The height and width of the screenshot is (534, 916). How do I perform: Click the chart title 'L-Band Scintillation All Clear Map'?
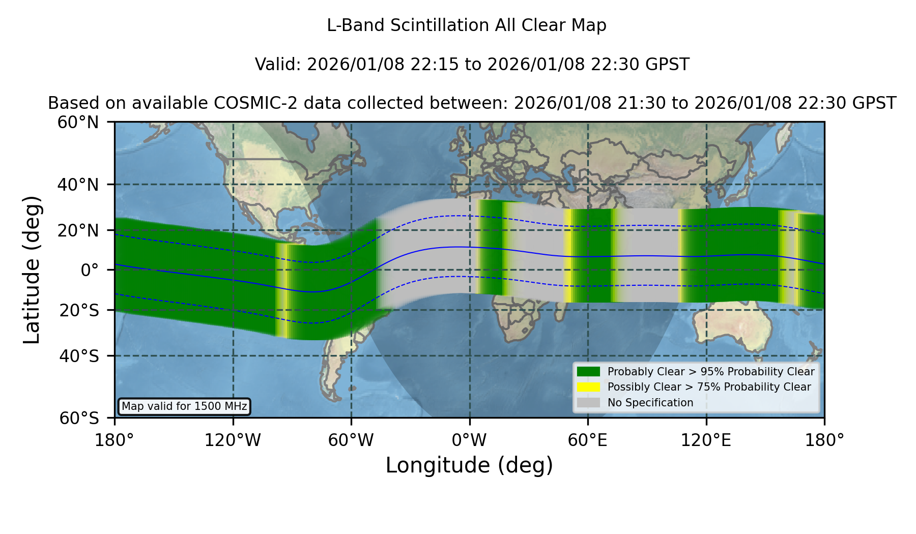click(467, 25)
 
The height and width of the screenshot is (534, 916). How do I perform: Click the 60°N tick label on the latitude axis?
click(78, 123)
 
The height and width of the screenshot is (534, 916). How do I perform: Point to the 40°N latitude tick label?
click(78, 185)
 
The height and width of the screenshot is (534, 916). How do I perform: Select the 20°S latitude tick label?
click(79, 310)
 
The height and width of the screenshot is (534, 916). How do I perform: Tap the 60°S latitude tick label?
click(79, 418)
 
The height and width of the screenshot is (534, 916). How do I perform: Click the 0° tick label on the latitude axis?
click(90, 270)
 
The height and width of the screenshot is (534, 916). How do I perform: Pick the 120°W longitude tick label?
click(233, 440)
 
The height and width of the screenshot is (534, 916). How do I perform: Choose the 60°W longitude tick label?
click(351, 440)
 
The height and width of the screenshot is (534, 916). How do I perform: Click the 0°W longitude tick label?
click(469, 440)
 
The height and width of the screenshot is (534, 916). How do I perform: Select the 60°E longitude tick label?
click(588, 440)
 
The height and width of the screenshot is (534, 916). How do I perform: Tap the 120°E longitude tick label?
click(706, 440)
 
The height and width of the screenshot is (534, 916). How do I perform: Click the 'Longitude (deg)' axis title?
click(469, 465)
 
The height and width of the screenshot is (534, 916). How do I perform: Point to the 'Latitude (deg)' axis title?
click(32, 270)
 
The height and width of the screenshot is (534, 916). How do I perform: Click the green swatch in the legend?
click(589, 372)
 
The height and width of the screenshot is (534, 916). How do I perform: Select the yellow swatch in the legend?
click(589, 387)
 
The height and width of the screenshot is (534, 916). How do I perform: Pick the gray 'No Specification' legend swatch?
click(589, 403)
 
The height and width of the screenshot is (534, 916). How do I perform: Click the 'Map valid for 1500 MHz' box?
click(184, 406)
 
